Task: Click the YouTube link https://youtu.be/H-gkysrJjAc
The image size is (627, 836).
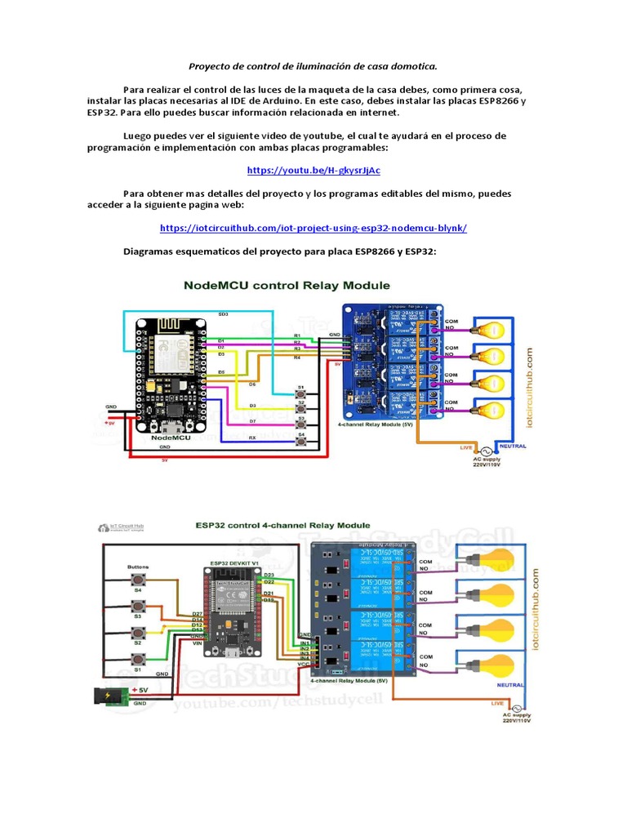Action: tap(313, 171)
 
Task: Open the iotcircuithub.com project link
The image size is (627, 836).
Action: tap(313, 229)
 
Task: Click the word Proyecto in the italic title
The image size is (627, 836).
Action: tap(211, 65)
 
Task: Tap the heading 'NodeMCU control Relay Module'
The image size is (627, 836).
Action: tap(287, 286)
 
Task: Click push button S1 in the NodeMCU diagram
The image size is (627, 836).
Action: tap(301, 396)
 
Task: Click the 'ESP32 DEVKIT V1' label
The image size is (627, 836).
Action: tap(235, 563)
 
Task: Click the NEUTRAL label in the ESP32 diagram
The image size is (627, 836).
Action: tap(509, 685)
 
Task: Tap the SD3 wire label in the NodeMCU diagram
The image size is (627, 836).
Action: tap(223, 313)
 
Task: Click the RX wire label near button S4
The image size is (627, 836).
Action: tap(252, 438)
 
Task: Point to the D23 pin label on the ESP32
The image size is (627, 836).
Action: tap(269, 575)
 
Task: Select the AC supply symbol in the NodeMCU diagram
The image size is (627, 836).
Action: tap(485, 451)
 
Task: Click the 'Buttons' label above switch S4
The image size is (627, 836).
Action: tap(138, 567)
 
